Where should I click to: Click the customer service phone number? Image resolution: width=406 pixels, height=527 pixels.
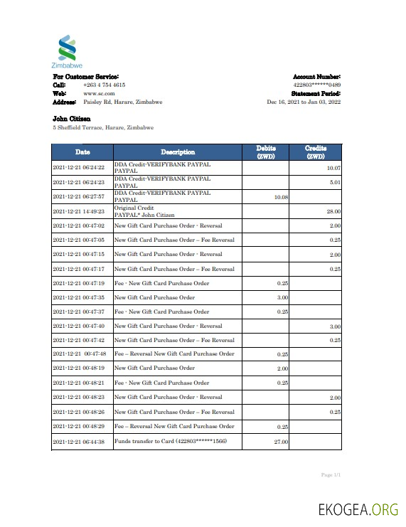[x=104, y=85]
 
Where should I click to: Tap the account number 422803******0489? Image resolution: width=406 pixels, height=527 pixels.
[x=317, y=85]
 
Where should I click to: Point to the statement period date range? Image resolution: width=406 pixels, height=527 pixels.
[x=304, y=102]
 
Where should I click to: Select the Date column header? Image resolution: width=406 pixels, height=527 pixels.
[x=82, y=151]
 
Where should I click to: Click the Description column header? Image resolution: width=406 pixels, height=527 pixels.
[x=178, y=151]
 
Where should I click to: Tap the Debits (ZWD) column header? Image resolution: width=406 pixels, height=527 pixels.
[x=265, y=151]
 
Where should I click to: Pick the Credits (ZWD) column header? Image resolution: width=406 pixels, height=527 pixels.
[x=315, y=151]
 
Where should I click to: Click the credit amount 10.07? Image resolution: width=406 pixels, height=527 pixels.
[x=333, y=168]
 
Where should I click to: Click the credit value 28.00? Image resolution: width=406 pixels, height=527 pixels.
[x=333, y=211]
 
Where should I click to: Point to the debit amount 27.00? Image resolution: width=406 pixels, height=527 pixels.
[x=280, y=442]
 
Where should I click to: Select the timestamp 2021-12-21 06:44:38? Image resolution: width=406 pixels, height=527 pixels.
[x=79, y=442]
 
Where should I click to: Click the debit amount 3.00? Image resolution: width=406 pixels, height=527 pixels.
[x=282, y=297]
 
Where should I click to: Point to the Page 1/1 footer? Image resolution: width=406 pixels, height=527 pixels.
[x=331, y=474]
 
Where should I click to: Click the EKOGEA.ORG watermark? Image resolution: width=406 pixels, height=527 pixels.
[x=358, y=509]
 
